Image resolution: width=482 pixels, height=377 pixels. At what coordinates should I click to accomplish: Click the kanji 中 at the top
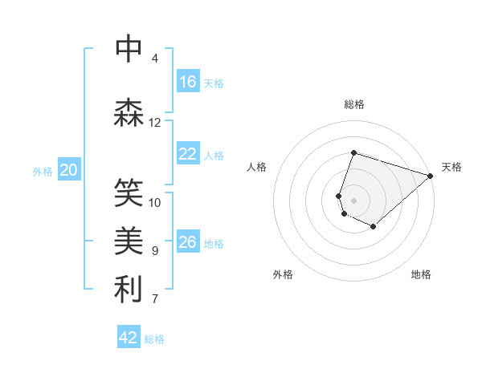pos(129,50)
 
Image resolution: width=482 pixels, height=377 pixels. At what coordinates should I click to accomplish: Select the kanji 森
pos(129,113)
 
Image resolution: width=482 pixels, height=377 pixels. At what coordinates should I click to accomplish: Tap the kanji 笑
pos(129,193)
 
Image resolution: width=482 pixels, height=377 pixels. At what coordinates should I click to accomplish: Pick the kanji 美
pos(129,241)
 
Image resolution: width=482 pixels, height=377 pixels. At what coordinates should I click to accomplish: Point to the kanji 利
pos(129,290)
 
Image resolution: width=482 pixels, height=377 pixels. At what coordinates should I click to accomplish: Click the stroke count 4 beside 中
pos(155,59)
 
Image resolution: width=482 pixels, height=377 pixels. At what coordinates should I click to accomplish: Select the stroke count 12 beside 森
pos(155,123)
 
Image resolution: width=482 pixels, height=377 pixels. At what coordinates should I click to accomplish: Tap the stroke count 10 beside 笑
pos(155,202)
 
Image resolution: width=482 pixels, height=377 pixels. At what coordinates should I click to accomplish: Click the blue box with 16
pos(188,82)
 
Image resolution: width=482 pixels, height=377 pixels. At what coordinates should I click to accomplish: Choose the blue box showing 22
pos(188,155)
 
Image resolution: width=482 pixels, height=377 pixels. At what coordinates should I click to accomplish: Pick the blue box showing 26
pos(188,242)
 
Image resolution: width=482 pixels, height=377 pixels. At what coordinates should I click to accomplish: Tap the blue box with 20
pos(69,170)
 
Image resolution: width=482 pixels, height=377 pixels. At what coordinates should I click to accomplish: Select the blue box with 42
pos(129,338)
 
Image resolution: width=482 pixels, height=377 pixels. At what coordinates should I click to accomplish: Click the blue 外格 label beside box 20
pos(43,171)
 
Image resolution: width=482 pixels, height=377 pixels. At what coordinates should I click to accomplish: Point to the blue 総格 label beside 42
pos(154,339)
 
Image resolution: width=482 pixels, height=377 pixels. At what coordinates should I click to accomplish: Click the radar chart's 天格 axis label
pos(451,167)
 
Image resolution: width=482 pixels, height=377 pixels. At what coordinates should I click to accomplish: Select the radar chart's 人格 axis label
pos(257,167)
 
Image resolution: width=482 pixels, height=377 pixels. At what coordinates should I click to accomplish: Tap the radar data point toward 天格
pos(431,176)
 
